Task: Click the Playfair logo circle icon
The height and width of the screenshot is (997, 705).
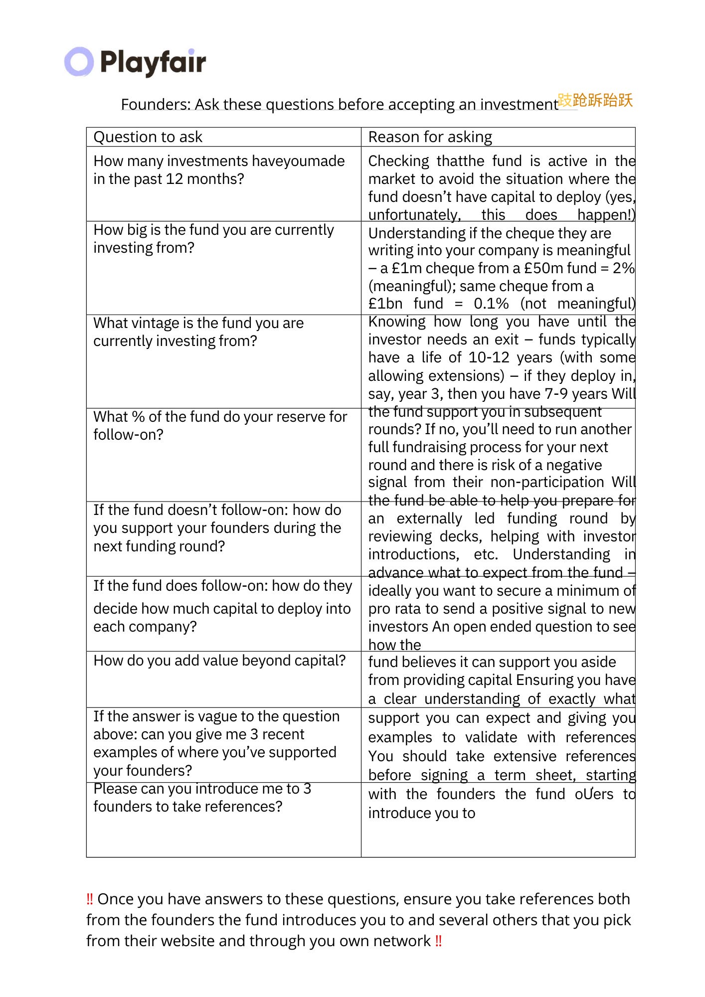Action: [79, 62]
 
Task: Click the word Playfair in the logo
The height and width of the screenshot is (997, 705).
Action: [153, 62]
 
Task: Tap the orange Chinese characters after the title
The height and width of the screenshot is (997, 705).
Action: [595, 100]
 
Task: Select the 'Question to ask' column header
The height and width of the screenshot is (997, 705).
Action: [148, 137]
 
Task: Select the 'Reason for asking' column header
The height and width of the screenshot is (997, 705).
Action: [430, 137]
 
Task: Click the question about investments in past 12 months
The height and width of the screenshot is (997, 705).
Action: [219, 170]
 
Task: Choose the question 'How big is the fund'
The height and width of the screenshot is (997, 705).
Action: [213, 239]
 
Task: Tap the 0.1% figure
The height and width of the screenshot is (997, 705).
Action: [491, 304]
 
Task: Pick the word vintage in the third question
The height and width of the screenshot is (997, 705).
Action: [153, 323]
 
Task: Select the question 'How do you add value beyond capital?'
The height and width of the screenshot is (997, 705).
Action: [219, 661]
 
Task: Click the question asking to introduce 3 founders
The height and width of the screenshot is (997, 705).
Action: [202, 798]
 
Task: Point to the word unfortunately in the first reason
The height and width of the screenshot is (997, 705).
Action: [414, 215]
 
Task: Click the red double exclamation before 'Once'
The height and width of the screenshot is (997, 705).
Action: [90, 899]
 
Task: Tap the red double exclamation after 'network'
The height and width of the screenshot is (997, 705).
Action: [438, 941]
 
